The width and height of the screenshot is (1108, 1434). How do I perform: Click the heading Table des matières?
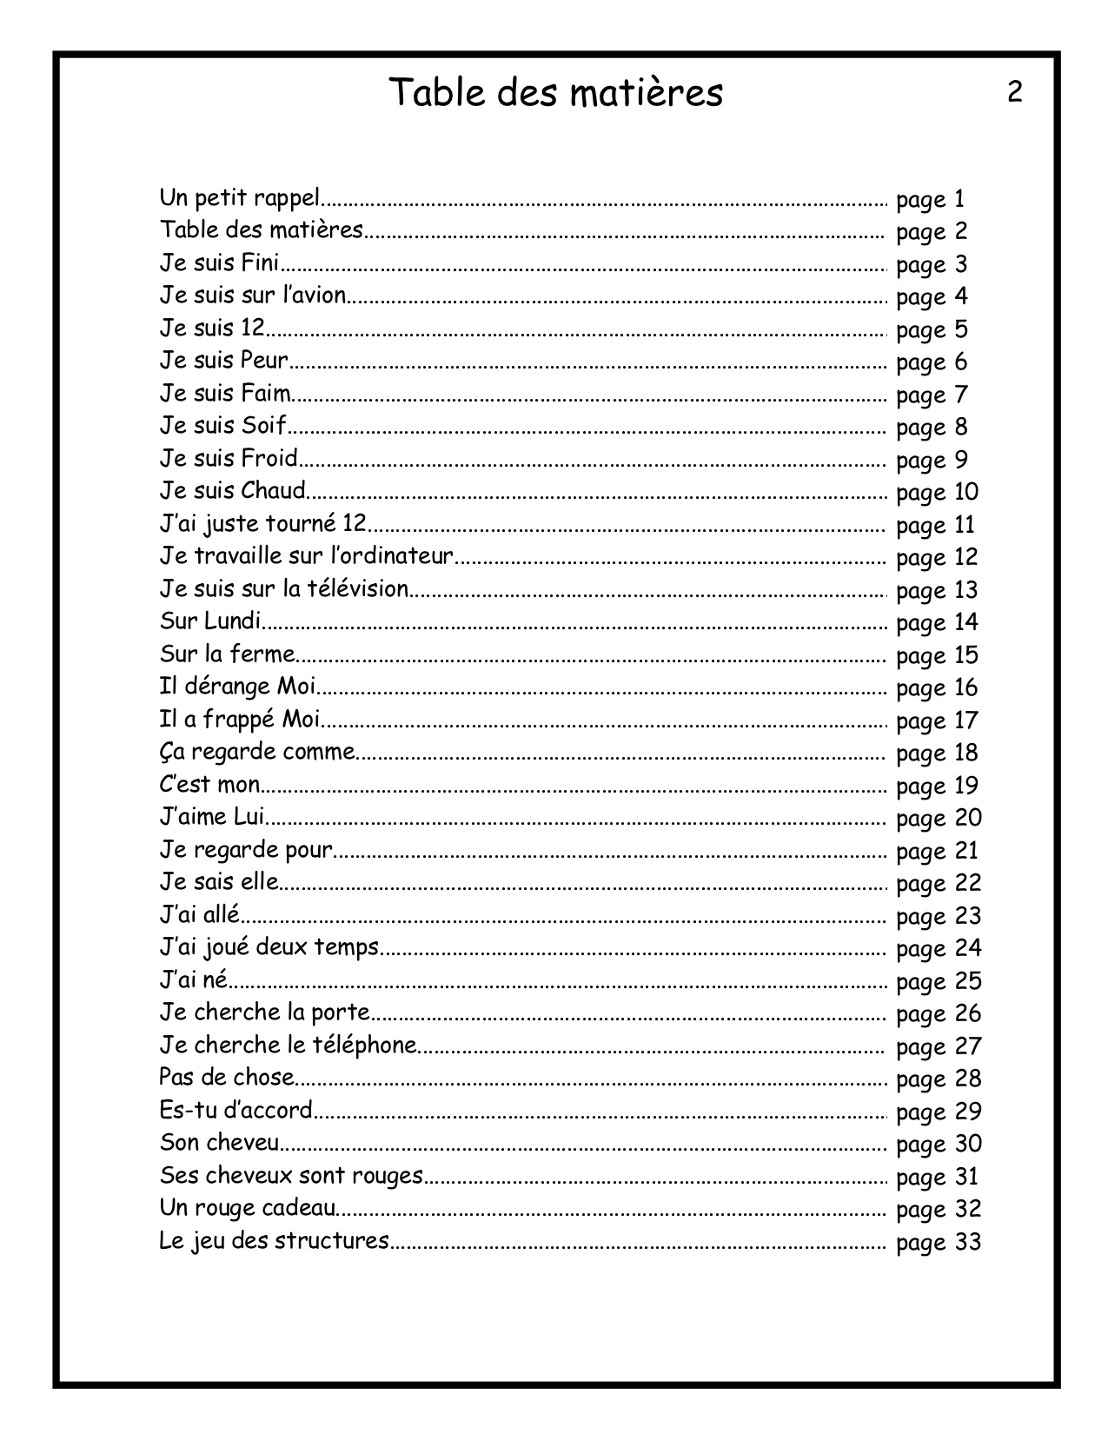click(554, 93)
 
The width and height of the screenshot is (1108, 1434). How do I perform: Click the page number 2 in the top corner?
click(1014, 92)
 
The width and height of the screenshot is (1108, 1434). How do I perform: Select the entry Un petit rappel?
click(240, 198)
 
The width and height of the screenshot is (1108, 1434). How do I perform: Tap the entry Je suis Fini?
click(219, 263)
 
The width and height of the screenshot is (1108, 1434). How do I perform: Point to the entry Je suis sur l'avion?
click(253, 295)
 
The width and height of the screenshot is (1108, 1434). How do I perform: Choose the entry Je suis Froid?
click(229, 458)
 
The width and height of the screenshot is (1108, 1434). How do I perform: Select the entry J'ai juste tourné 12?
click(262, 524)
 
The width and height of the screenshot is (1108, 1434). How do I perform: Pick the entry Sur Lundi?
click(210, 621)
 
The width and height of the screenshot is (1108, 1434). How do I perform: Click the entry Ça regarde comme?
click(257, 752)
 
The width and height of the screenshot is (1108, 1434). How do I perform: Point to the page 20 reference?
click(938, 818)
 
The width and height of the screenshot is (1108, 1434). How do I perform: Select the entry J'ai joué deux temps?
click(269, 947)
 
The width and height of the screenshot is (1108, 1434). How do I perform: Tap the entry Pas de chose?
click(227, 1078)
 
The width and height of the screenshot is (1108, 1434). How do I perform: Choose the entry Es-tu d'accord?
click(236, 1111)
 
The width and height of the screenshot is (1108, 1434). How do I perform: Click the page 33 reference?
click(938, 1242)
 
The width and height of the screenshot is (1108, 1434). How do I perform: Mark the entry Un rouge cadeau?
click(247, 1208)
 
